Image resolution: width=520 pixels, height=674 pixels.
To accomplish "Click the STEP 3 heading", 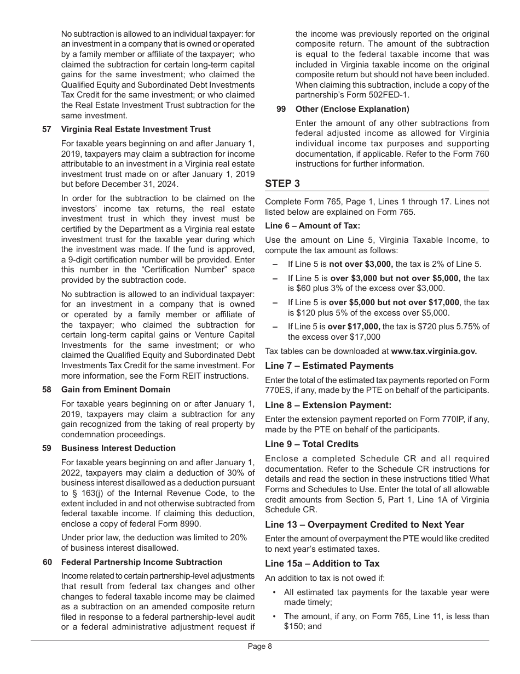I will point(282,184).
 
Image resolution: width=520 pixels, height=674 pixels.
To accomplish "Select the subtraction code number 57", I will point(47,130).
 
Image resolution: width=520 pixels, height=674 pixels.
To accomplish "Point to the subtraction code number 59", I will point(47,448).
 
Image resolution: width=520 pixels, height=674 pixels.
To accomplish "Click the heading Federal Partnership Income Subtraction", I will point(142,562).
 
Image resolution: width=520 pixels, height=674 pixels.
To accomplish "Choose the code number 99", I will point(281,109).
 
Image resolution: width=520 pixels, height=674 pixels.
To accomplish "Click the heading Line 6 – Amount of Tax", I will point(313,226).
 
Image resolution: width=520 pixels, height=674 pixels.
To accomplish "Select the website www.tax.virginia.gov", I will point(434,351).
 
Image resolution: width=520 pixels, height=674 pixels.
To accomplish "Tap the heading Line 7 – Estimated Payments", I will point(329,366).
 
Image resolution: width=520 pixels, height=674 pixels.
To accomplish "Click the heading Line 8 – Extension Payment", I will point(328,405).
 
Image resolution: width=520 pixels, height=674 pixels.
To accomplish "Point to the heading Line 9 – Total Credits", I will point(311,444).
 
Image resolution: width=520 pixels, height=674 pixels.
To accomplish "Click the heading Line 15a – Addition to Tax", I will point(322,564).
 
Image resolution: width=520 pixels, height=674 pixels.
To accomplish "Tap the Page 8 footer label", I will point(260,646).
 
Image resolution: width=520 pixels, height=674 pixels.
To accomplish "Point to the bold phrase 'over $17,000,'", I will point(354,327).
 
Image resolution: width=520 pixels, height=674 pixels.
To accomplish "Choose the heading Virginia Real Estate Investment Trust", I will point(136,130).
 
